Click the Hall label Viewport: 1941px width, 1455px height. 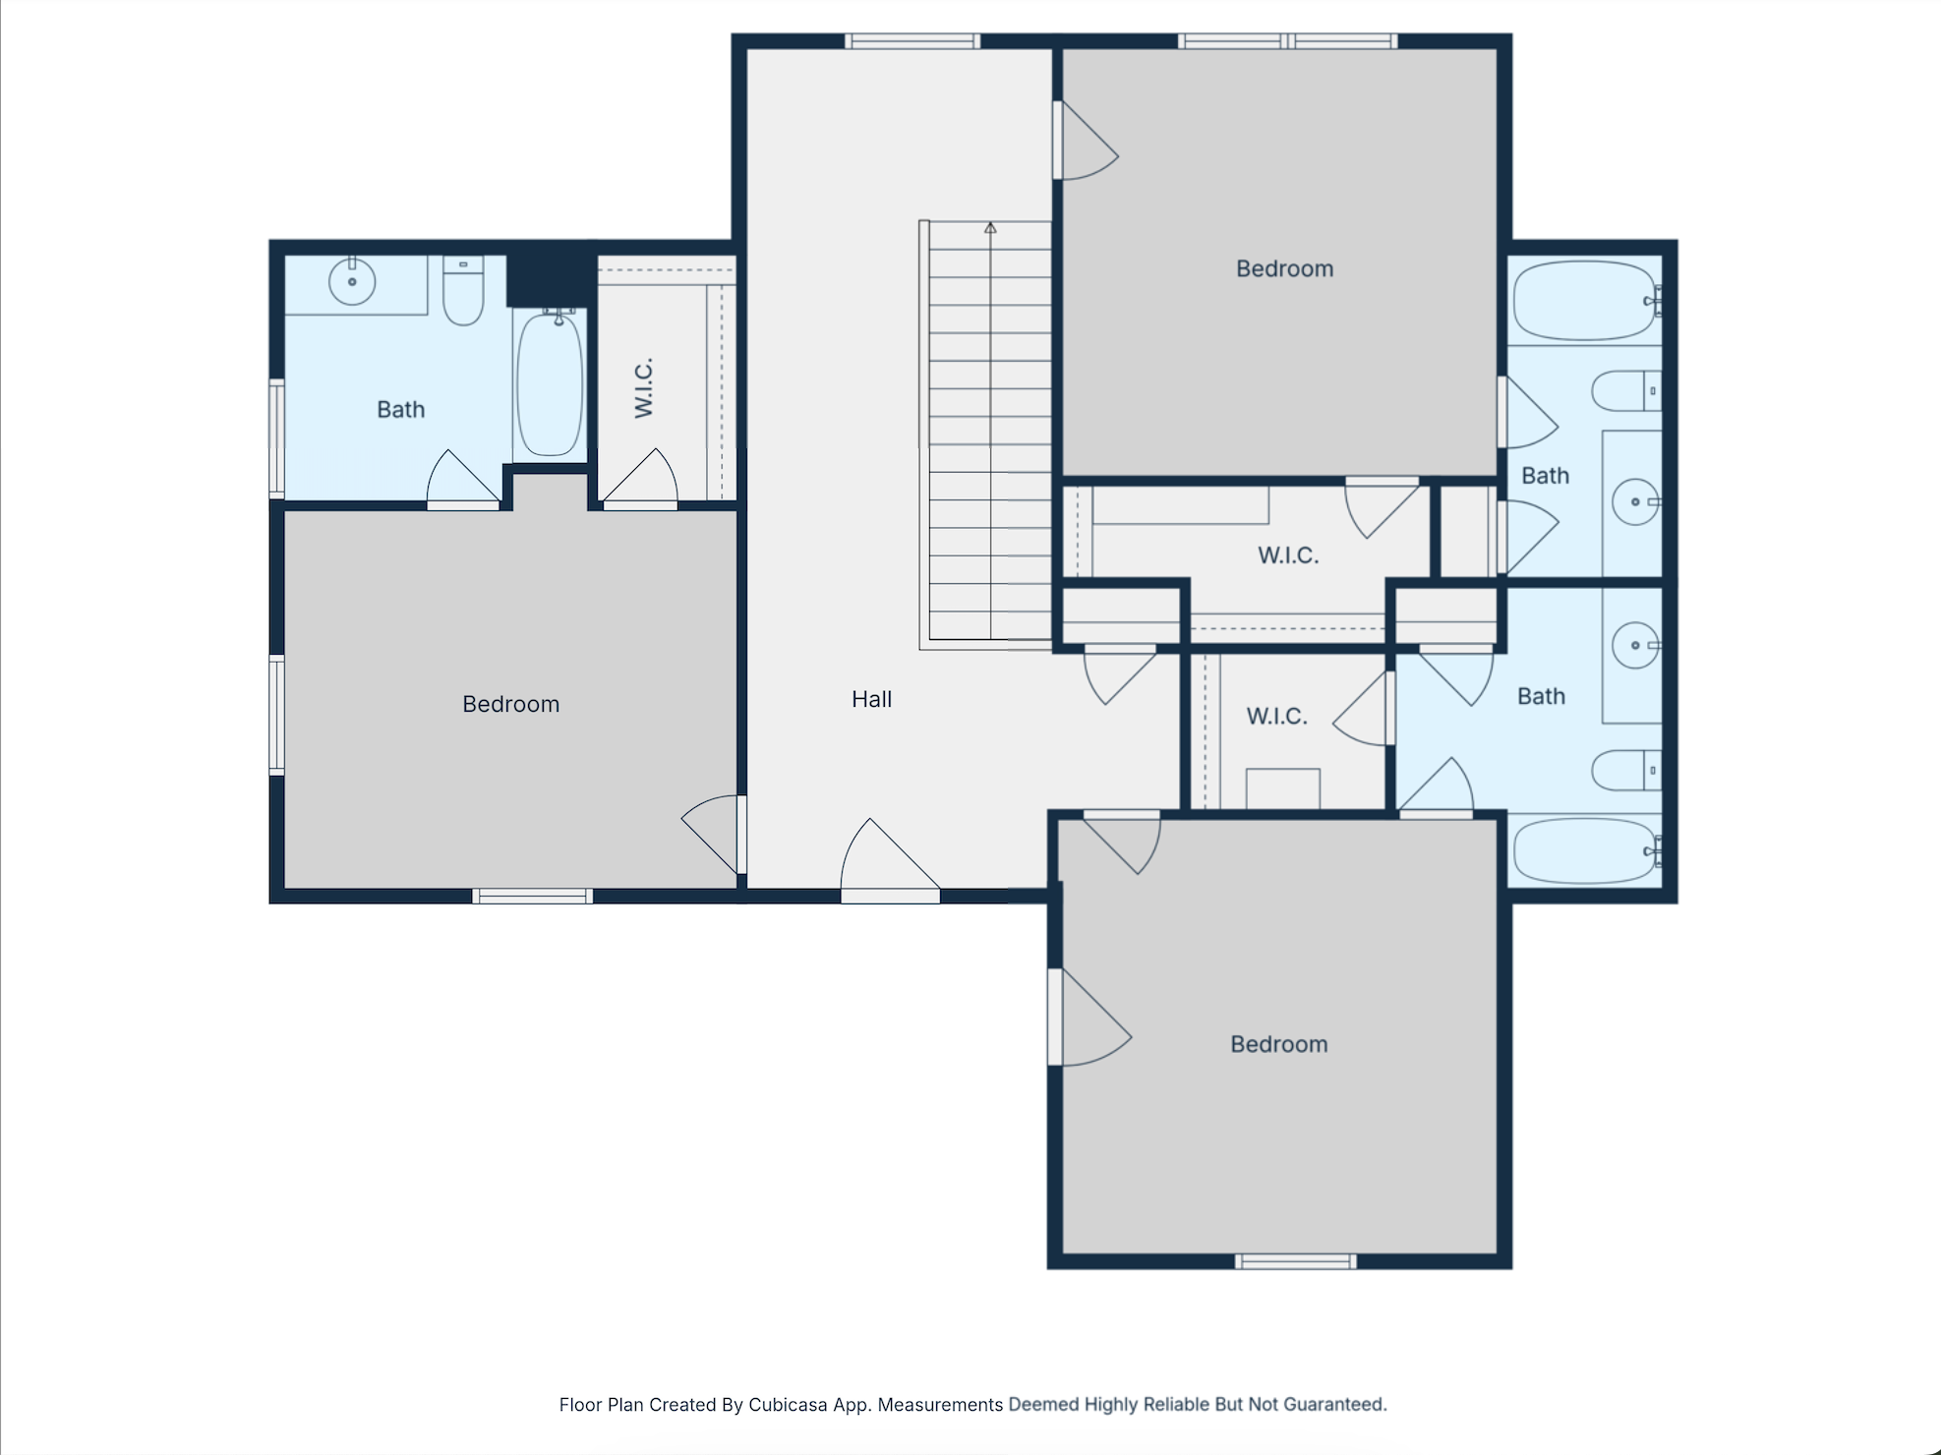pos(871,699)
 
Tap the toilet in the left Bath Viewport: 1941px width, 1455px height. pos(463,290)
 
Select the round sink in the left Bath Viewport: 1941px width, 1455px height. pos(352,282)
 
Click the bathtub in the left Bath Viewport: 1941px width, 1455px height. pos(550,382)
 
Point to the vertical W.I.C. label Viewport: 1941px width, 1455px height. pos(644,388)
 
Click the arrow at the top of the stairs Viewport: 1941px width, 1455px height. pos(990,228)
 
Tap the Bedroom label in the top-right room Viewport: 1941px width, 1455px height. pos(1284,268)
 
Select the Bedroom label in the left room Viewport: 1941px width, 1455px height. pos(510,704)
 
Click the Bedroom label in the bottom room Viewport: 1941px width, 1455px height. pos(1278,1044)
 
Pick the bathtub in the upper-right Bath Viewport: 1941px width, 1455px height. pos(1586,300)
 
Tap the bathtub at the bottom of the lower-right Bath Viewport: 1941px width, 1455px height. pos(1586,850)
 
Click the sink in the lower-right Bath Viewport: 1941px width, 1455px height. pos(1636,645)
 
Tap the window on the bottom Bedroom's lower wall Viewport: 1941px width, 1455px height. pos(1296,1261)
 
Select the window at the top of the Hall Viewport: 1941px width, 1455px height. pos(912,41)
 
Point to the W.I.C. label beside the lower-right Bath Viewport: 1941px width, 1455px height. pos(1276,716)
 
